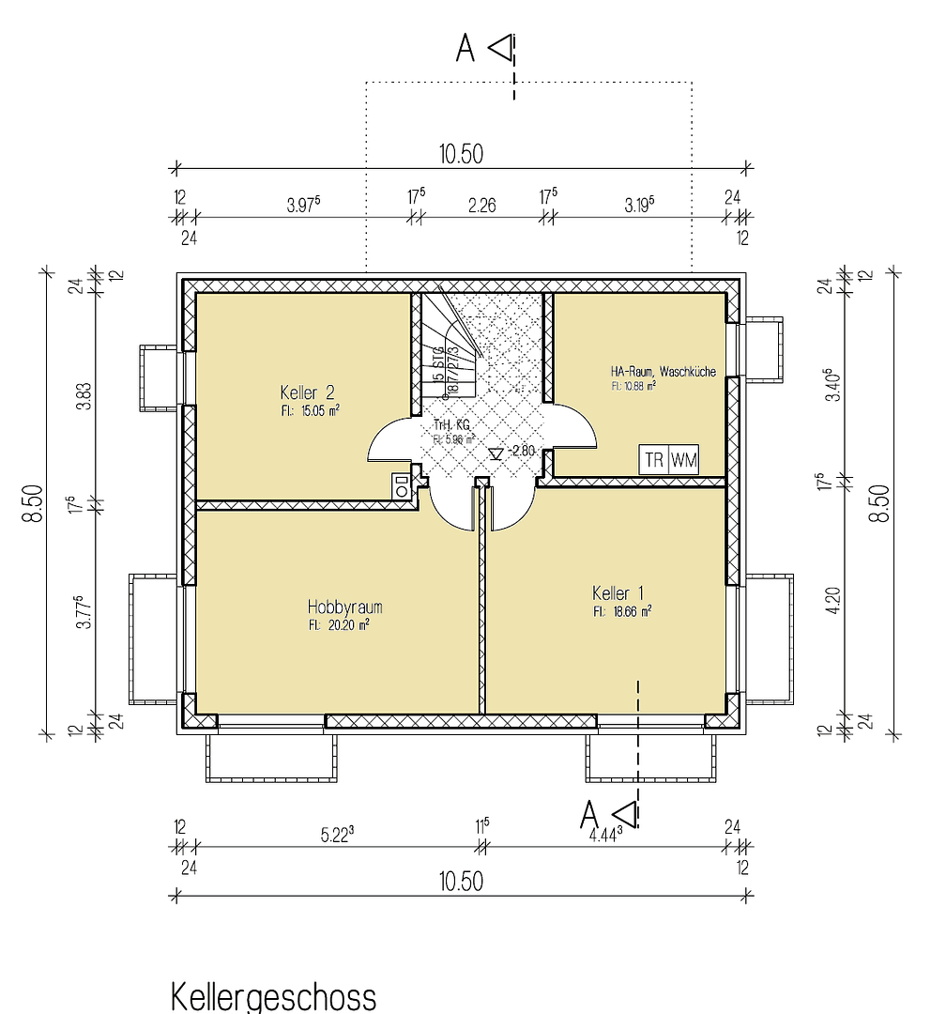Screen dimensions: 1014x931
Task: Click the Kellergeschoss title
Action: tap(273, 996)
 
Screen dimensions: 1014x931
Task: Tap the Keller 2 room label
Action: tap(307, 392)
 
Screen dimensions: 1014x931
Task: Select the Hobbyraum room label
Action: tap(344, 607)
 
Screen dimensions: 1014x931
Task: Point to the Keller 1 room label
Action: tap(618, 592)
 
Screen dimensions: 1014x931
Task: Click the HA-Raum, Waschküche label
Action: tap(663, 372)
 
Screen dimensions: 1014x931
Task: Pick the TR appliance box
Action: tap(653, 460)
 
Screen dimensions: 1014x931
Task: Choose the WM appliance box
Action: tap(684, 460)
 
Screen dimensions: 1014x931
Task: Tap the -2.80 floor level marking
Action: tap(520, 452)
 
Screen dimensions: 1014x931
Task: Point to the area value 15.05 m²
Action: tap(315, 409)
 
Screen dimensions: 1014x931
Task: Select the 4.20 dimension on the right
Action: tap(831, 598)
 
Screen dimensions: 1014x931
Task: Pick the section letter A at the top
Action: tap(465, 49)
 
